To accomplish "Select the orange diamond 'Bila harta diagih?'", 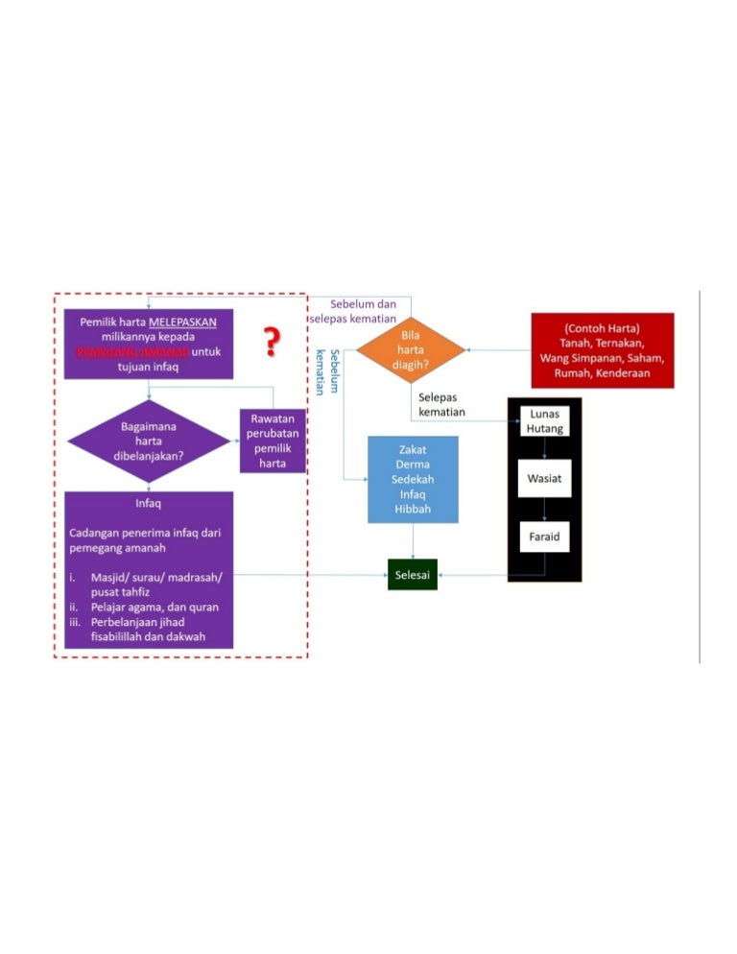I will click(x=411, y=350).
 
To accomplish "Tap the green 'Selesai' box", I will click(x=413, y=575).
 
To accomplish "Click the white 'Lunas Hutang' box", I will click(x=544, y=421).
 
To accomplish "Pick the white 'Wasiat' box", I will click(x=544, y=477).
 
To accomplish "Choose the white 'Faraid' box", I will click(x=544, y=537).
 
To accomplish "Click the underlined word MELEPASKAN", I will click(x=190, y=322).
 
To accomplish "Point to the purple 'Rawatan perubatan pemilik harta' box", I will click(x=273, y=441).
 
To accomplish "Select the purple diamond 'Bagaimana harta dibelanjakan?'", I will click(x=148, y=441).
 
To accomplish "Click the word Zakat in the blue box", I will click(x=413, y=449).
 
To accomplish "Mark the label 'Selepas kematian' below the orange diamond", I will click(x=441, y=404).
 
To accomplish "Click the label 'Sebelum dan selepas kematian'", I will click(x=353, y=311).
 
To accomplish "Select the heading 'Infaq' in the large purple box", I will click(x=148, y=501).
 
